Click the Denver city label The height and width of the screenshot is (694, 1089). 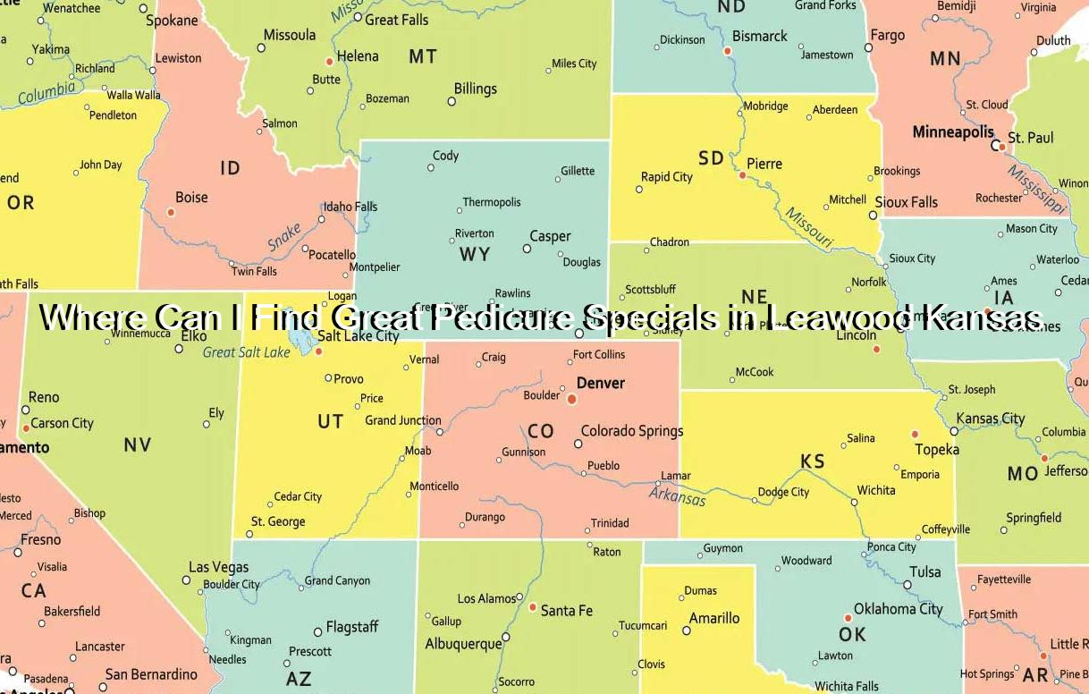coord(601,383)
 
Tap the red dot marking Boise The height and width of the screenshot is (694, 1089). coord(171,212)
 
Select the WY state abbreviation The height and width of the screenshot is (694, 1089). coord(475,254)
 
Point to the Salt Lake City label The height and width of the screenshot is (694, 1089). coord(359,336)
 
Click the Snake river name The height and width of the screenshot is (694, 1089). coord(283,237)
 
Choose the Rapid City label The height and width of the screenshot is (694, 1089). coord(667,177)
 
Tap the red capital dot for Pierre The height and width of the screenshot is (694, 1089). coord(742,175)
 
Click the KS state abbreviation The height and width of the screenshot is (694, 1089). coord(812,461)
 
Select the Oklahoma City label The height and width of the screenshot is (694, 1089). coord(899,609)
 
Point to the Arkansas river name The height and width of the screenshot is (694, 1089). coord(677,495)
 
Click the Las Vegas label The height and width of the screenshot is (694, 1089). coord(219,567)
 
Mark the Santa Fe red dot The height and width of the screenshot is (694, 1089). coord(533,607)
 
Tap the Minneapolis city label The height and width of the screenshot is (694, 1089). coord(953,132)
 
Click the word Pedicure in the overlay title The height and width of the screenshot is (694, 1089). coord(502,317)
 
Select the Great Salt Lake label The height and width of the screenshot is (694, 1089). coord(247,352)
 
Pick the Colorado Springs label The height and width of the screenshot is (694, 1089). coord(632,431)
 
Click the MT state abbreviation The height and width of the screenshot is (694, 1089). coord(423,57)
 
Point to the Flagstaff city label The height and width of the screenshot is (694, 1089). coord(352,627)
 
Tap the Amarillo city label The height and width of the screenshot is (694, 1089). coord(714,618)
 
